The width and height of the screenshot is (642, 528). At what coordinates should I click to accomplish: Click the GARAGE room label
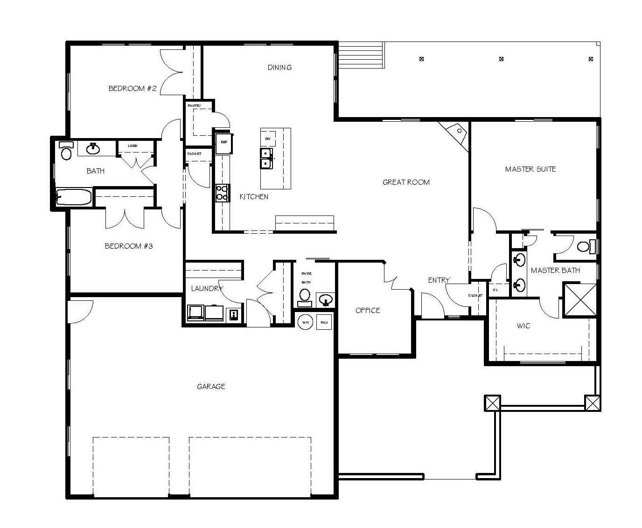211,386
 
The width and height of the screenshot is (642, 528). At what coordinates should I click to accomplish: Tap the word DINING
279,68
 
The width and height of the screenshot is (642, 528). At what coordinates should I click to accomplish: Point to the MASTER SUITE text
530,169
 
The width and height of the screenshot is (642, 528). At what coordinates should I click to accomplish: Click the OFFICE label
368,311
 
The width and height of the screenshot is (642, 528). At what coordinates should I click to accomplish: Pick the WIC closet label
523,326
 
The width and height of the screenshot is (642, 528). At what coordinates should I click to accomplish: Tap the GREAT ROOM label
406,182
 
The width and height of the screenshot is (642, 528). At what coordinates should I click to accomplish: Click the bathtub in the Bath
74,197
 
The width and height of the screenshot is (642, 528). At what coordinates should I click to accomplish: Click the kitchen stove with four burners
222,193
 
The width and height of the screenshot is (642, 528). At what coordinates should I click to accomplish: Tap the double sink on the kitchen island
266,158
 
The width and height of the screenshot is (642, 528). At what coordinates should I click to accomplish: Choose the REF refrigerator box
224,143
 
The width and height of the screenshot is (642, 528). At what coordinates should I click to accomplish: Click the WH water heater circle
305,322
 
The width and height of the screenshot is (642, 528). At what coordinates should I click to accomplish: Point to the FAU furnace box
324,322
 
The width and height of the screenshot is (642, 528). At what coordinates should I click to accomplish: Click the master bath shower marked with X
580,300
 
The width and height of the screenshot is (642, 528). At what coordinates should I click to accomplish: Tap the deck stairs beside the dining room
361,55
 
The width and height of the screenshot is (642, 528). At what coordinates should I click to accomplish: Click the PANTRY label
195,106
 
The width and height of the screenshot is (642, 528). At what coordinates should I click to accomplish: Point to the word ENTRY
439,280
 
